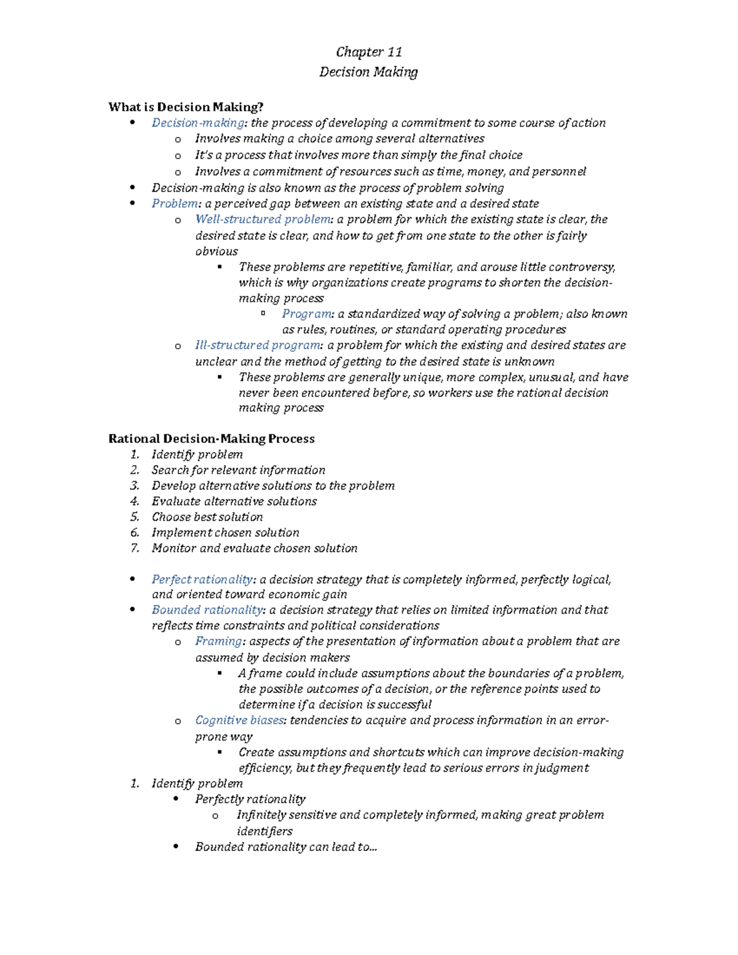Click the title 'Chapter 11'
tap(368, 52)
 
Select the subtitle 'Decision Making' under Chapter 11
tap(368, 72)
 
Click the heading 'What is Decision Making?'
tap(186, 107)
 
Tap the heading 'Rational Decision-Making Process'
tap(211, 438)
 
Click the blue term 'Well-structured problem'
tap(263, 220)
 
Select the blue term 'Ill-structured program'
tap(258, 346)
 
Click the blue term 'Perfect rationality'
tap(202, 579)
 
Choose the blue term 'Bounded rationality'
tap(207, 610)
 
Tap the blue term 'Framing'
tap(218, 641)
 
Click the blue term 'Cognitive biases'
tap(239, 720)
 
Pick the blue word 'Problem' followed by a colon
tap(175, 204)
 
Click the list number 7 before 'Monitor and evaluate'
tap(135, 548)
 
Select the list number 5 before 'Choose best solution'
tap(135, 517)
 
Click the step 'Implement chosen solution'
tap(225, 533)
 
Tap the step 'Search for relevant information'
tap(238, 470)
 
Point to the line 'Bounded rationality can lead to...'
tap(286, 847)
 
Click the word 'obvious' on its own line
tap(216, 252)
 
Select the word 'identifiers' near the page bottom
tap(264, 831)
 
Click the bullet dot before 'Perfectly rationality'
tap(177, 799)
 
